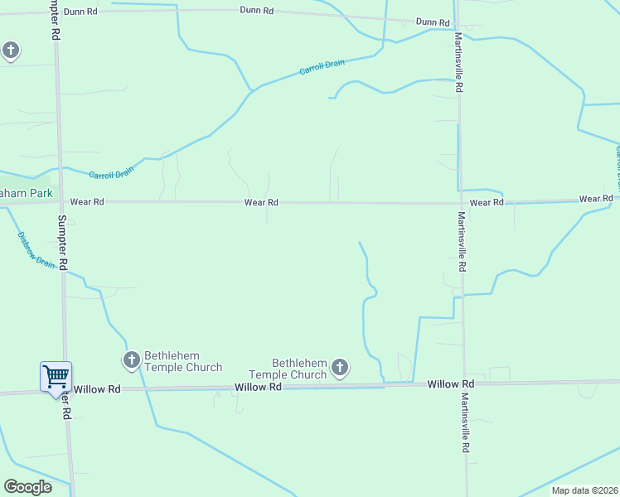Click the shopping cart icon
[x=56, y=377]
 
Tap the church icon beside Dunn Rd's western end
[x=11, y=51]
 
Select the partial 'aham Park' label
[x=26, y=193]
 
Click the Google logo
[x=27, y=487]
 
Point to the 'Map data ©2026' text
[x=584, y=490]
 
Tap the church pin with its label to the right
[x=131, y=360]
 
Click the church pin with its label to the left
[x=339, y=367]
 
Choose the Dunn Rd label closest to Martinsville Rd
[x=433, y=22]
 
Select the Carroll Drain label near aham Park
[x=111, y=174]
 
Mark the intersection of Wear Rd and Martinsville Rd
[x=460, y=202]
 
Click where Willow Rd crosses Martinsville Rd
[x=464, y=384]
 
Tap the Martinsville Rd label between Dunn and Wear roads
[x=458, y=63]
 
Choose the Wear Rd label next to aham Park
[x=87, y=201]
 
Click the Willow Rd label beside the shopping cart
[x=97, y=388]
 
